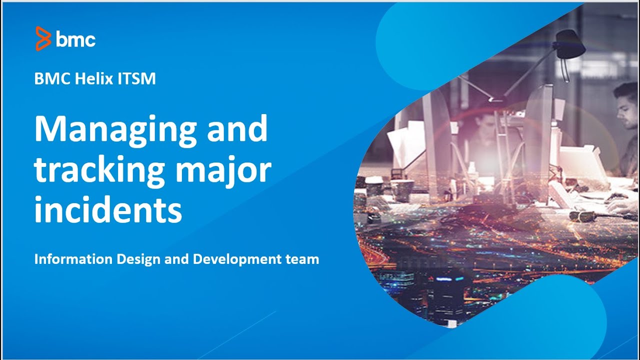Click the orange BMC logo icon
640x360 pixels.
43,38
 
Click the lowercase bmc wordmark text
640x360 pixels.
75,39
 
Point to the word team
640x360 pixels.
302,259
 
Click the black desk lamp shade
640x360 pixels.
570,43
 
